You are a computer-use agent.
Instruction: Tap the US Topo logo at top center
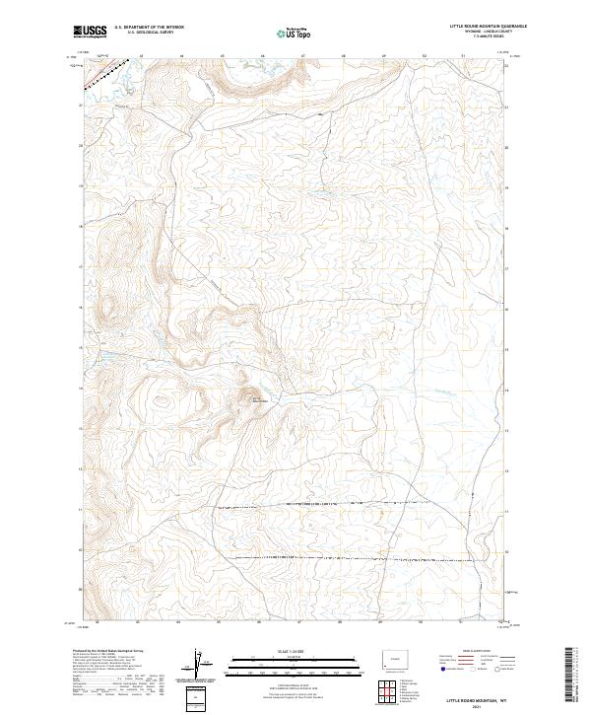click(x=296, y=32)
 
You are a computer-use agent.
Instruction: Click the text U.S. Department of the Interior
click(x=148, y=28)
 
